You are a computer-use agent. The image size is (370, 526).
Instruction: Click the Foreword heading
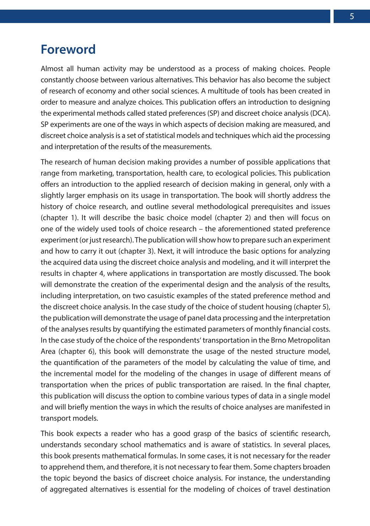[x=68, y=49]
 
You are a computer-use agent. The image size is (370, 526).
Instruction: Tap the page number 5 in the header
[x=351, y=16]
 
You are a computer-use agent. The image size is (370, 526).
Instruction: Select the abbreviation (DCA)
[x=320, y=113]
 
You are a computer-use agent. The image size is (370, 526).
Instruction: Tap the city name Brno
[x=279, y=340]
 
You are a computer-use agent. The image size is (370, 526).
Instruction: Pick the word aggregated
[x=70, y=489]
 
